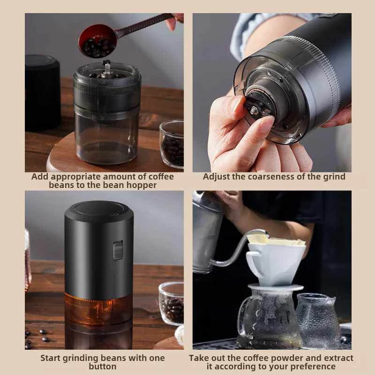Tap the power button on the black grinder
point(118,250)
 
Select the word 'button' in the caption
point(103,367)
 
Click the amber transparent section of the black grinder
point(98,307)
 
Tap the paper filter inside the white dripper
point(277,240)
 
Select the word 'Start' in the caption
point(51,358)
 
